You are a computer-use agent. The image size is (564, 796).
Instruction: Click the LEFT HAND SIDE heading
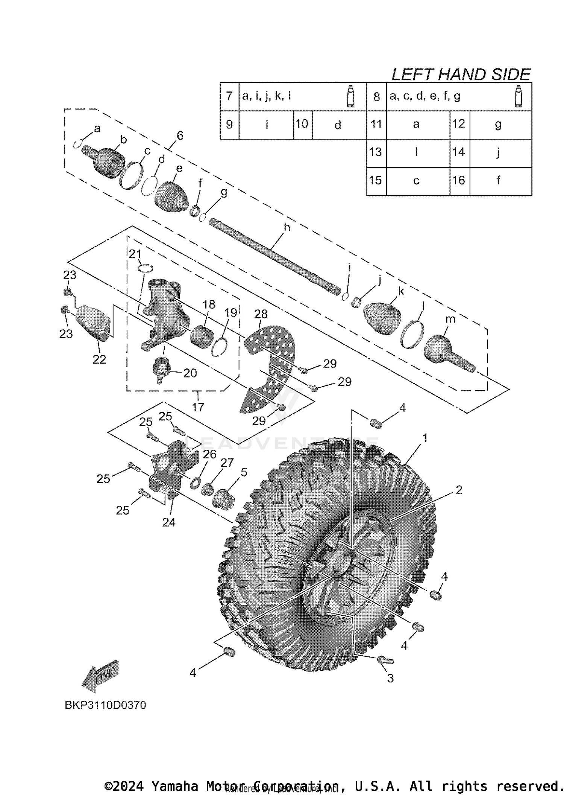461,75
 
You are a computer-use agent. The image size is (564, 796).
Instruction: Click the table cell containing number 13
376,152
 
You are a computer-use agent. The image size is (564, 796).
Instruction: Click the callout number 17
198,407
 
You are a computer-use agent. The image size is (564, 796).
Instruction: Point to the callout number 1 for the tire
425,438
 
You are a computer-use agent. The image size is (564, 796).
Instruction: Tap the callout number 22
99,359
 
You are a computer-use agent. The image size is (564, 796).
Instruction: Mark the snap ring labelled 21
146,268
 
